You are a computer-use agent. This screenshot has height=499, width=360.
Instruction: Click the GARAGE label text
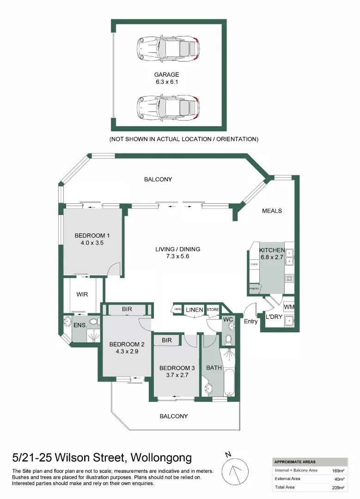166,74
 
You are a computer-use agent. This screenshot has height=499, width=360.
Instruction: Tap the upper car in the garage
168,48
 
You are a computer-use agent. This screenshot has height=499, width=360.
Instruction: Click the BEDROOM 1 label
92,236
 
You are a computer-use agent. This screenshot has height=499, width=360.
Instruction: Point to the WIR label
82,294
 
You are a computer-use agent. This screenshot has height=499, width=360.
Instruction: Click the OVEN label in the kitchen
254,264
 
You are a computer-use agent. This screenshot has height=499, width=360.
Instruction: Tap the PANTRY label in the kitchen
254,289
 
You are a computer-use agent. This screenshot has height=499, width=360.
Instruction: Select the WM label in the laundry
289,307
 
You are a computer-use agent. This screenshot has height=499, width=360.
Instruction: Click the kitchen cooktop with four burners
289,279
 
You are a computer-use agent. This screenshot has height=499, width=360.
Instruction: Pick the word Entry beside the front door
251,322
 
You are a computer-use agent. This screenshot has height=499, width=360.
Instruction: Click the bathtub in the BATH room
229,382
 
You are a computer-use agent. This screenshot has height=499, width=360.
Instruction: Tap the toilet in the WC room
228,340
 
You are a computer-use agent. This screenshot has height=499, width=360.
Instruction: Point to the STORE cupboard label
213,309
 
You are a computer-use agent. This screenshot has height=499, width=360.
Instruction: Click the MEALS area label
272,211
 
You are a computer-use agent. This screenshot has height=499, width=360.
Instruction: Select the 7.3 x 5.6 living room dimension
177,256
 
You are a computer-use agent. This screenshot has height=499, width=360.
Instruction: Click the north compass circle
235,472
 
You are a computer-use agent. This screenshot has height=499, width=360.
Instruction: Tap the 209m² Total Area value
338,487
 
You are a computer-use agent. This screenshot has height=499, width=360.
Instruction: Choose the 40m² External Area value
339,479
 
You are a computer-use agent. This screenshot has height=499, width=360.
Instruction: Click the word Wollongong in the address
161,458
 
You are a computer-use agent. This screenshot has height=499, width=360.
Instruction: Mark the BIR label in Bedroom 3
167,340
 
